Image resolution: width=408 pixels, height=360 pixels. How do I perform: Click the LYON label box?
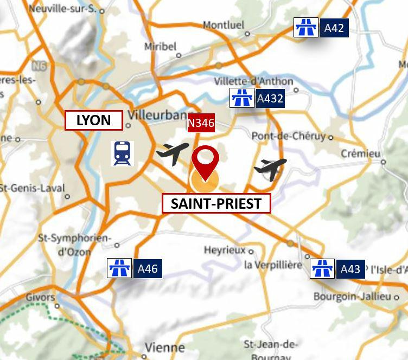click(x=94, y=120)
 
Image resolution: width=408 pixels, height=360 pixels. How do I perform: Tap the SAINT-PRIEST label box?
click(x=216, y=204)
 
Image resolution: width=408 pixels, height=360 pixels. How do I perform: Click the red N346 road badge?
click(x=201, y=123)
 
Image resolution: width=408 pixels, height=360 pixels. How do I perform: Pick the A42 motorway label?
click(x=334, y=28)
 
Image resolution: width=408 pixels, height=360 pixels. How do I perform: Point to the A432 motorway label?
click(x=270, y=99)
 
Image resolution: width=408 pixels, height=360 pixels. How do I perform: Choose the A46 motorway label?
click(x=148, y=268)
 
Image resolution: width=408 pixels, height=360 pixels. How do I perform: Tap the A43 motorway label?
click(x=350, y=269)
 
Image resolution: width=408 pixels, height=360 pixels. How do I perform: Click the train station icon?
click(x=122, y=153)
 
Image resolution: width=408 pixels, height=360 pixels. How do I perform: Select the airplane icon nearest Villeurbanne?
click(x=173, y=153)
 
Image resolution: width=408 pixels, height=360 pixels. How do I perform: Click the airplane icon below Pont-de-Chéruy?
click(x=270, y=169)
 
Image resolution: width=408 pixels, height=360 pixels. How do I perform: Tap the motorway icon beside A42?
click(x=306, y=27)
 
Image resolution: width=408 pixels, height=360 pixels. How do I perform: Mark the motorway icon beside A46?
click(x=119, y=268)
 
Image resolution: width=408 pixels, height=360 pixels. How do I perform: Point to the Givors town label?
click(x=40, y=297)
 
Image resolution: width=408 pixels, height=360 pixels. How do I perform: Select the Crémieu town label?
click(x=360, y=154)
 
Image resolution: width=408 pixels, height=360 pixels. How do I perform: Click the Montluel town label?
click(x=224, y=25)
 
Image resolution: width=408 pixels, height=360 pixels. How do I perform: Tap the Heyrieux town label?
click(x=225, y=250)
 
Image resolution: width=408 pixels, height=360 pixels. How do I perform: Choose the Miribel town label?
click(x=160, y=47)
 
